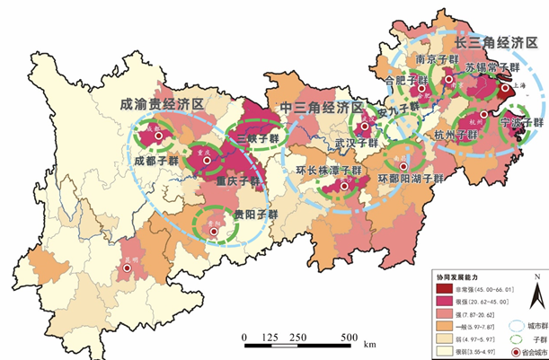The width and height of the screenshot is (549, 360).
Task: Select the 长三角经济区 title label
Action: point(494,42)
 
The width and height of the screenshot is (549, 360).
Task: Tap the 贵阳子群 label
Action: point(256,215)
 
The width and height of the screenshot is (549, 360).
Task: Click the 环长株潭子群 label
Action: point(328,170)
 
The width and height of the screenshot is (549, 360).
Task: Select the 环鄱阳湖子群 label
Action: point(412,179)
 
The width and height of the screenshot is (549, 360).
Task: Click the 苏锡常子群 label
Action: point(492,66)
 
